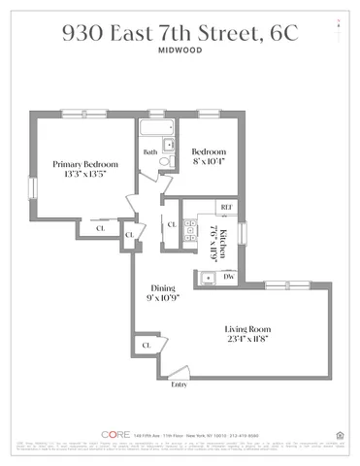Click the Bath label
[150, 152]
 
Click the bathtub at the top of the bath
[156, 128]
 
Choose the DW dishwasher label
[229, 278]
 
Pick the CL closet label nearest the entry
[147, 345]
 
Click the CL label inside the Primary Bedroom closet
[99, 229]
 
